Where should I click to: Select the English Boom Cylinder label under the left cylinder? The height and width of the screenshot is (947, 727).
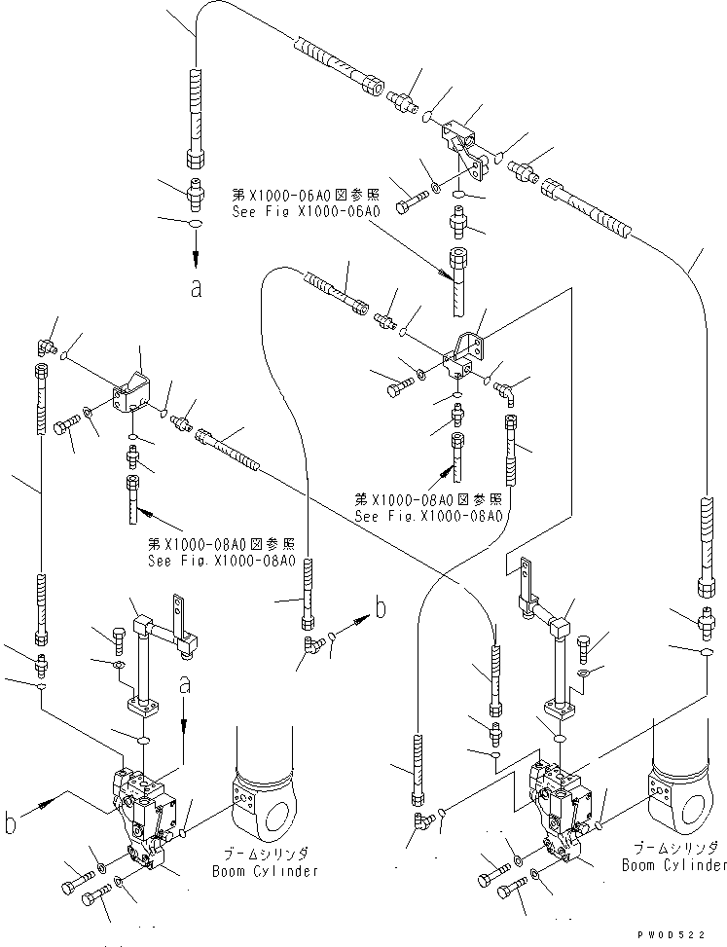point(265,871)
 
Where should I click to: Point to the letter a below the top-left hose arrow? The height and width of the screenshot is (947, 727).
point(197,289)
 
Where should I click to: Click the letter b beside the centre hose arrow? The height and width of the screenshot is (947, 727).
point(381,609)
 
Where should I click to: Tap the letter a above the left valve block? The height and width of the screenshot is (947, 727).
point(184,687)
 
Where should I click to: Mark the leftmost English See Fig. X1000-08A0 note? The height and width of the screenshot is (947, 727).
point(221,560)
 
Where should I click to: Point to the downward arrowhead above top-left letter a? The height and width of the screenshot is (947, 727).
point(196,258)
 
